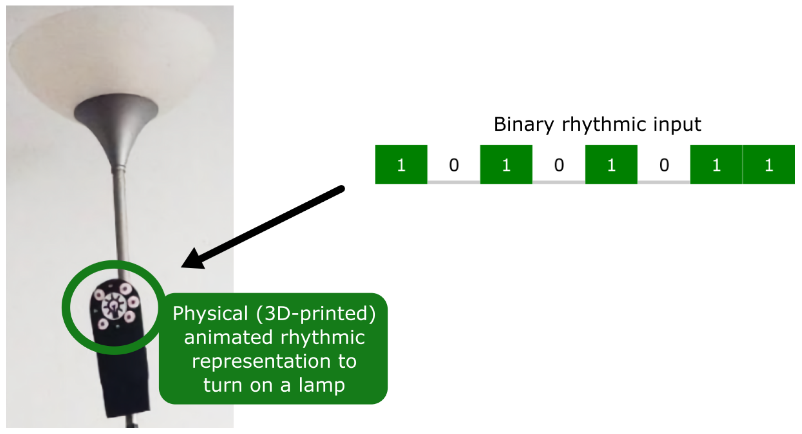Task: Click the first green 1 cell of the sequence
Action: coord(401,164)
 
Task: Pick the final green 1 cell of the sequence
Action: coord(769,164)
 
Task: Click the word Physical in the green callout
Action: coord(210,314)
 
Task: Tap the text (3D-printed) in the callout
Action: coord(316,314)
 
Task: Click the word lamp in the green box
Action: coord(322,385)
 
